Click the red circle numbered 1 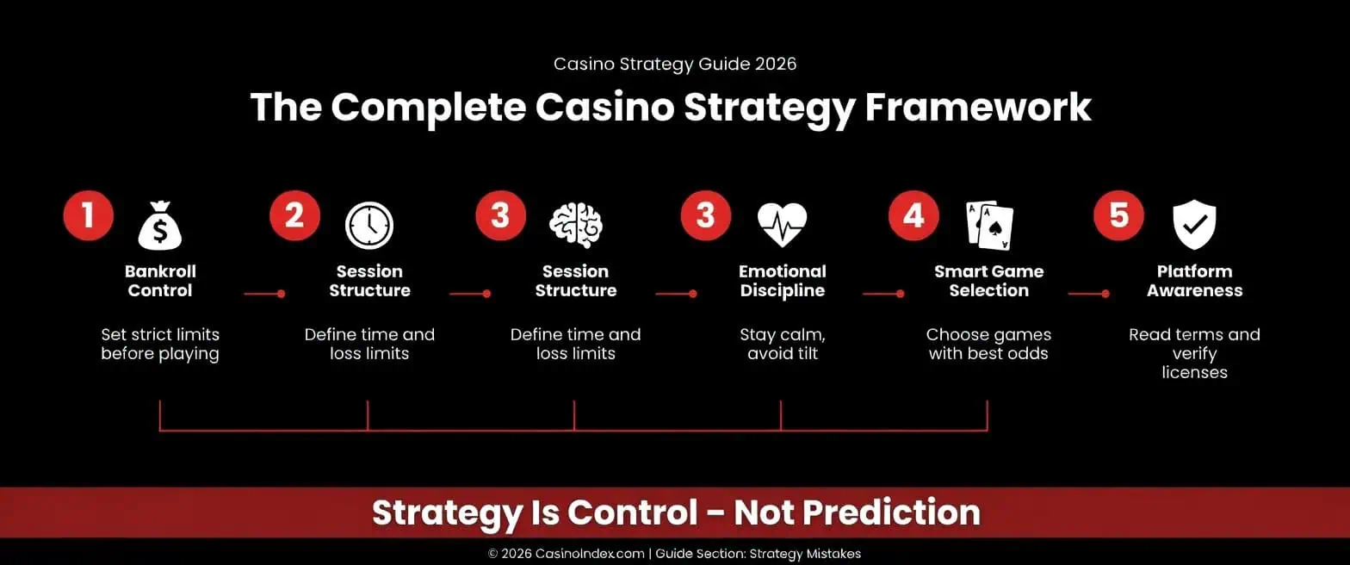(x=88, y=215)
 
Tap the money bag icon (x=160, y=226)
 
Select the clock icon (x=369, y=226)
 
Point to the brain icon (x=576, y=226)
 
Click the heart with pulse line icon (x=782, y=226)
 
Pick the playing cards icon (x=989, y=226)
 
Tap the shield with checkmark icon (x=1194, y=226)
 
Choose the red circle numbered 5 (x=1118, y=215)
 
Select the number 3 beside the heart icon (x=706, y=215)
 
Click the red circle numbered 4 (x=913, y=215)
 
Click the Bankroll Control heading (x=160, y=281)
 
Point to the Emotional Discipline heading (x=782, y=281)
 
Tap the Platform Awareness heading (x=1194, y=281)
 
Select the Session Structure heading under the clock (x=369, y=281)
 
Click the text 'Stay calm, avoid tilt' (x=782, y=344)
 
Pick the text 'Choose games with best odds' (x=988, y=344)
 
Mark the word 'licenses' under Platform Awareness (x=1194, y=373)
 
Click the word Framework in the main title (x=978, y=109)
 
